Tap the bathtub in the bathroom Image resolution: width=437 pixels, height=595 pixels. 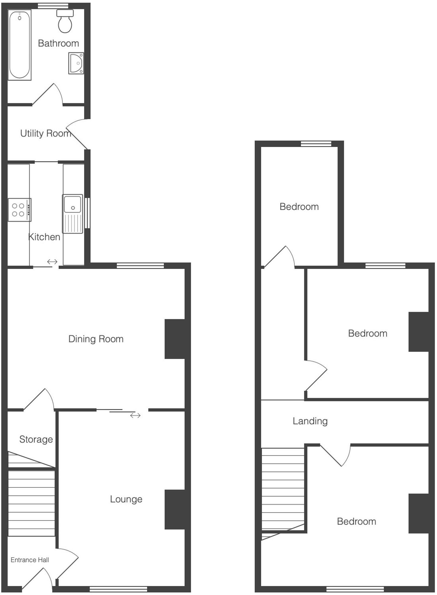(x=20, y=45)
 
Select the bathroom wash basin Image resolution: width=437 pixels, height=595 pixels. (x=76, y=63)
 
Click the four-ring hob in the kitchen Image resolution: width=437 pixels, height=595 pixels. (x=19, y=210)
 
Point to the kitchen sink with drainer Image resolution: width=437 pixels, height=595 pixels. (x=72, y=213)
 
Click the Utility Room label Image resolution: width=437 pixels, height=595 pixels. (x=46, y=134)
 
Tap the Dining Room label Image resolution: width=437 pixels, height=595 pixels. (x=96, y=339)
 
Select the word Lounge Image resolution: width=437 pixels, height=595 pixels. (x=126, y=499)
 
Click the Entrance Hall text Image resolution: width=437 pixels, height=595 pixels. (x=30, y=560)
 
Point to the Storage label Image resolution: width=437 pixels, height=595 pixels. (x=36, y=439)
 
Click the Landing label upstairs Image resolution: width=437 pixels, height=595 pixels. (x=310, y=421)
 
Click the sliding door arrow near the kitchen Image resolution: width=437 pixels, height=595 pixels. (x=52, y=262)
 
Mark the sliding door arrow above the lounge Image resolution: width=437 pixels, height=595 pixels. (x=135, y=415)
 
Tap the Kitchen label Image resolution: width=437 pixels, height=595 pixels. (x=44, y=237)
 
